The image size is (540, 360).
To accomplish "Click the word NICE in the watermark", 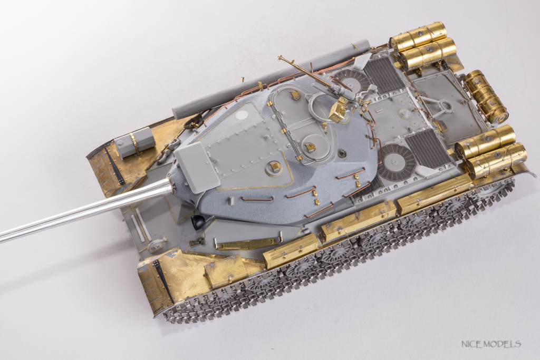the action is pos(470,344).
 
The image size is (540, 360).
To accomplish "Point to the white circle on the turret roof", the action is pos(244,115).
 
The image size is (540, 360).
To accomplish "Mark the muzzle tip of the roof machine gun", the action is pos(278,56).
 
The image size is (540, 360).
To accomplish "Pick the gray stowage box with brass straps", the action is pos(134,142).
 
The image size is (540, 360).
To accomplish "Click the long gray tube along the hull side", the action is pos(271,80).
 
